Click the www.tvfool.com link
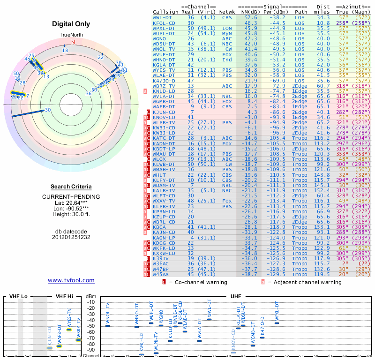pos(71,280)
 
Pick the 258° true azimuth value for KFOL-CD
pos(342,22)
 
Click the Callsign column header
pos(166,11)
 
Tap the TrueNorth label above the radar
pos(71,35)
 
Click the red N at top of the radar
pos(73,41)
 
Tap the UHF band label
pos(236,296)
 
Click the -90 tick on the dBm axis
pos(90,350)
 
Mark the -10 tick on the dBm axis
pos(90,302)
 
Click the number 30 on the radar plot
pos(48,110)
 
